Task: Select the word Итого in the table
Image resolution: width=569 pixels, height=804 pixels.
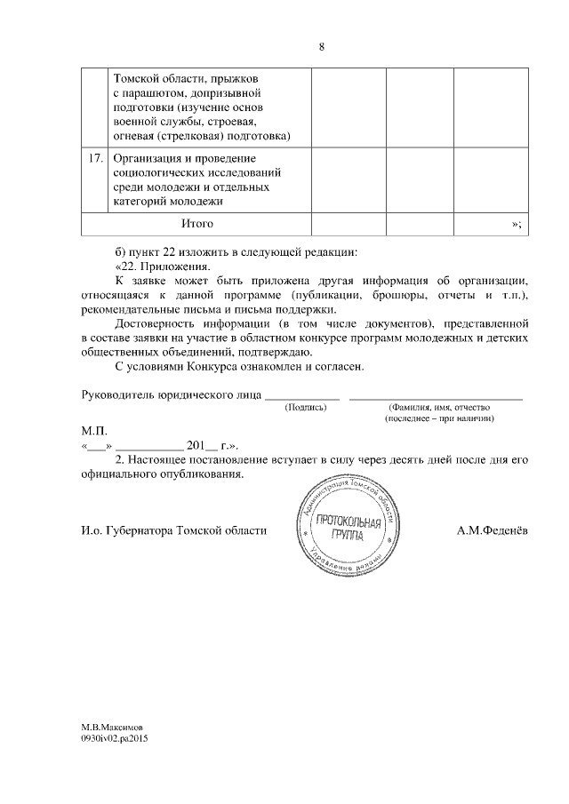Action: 196,224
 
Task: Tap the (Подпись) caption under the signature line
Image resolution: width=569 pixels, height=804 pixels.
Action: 305,407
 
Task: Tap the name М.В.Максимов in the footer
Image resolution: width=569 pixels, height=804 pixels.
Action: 111,727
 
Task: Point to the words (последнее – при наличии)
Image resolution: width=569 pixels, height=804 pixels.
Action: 439,418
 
